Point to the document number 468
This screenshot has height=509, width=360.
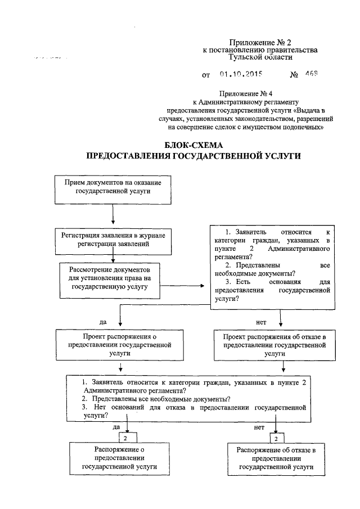point(312,74)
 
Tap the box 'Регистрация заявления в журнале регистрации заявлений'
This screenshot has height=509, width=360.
point(112,240)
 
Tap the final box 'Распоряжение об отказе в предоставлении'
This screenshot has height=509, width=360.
point(275,458)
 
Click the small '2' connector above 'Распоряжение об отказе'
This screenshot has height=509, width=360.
point(276,437)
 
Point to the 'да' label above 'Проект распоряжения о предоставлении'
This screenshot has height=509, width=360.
point(103,322)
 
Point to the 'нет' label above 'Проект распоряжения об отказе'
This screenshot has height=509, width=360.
point(260,322)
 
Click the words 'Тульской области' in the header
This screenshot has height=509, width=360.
point(260,57)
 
